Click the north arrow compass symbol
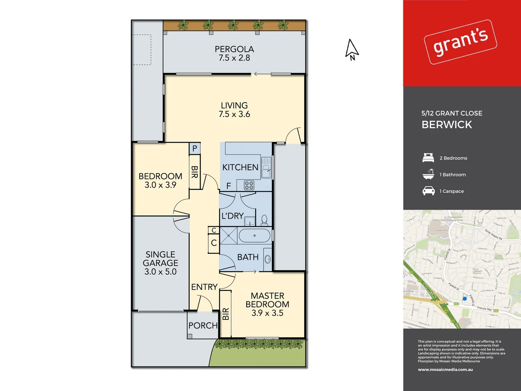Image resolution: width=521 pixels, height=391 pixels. (x=352, y=50)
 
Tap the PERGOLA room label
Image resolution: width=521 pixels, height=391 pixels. (x=234, y=53)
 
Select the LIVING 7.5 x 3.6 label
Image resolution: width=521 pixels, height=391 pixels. (x=234, y=110)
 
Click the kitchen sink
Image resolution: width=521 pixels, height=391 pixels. (x=266, y=167)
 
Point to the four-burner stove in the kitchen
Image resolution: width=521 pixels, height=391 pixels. (x=249, y=185)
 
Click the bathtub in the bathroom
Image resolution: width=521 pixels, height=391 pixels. (x=255, y=236)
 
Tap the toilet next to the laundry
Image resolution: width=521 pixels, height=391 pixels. (x=264, y=220)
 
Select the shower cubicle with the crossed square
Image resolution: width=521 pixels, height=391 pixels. (x=229, y=236)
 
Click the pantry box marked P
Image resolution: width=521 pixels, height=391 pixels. (x=195, y=148)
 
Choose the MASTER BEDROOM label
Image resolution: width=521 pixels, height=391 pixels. (x=267, y=304)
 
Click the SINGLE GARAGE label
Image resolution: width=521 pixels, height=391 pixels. (x=161, y=263)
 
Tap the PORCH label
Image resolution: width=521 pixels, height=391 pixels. (x=203, y=325)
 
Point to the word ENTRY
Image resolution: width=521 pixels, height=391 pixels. (x=204, y=287)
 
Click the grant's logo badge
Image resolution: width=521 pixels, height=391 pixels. (x=460, y=42)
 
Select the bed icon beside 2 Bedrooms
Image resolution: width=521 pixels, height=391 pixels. (x=428, y=158)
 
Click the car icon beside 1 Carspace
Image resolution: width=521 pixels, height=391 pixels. (x=428, y=191)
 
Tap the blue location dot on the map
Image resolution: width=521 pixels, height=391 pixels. (x=465, y=299)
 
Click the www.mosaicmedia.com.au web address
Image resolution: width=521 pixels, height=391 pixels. (x=445, y=370)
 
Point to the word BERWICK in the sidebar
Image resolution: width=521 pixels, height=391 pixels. (x=447, y=125)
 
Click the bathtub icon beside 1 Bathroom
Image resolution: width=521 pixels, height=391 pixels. (x=428, y=174)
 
